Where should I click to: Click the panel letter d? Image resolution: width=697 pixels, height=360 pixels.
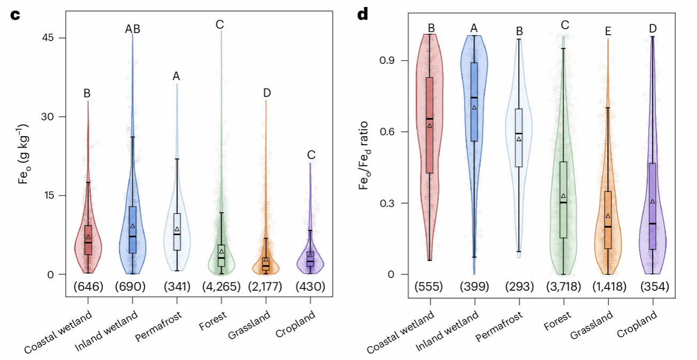coord(363,14)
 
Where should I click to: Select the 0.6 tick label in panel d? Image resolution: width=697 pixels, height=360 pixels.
coord(390,132)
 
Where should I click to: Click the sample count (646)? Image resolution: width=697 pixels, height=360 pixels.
coord(87,287)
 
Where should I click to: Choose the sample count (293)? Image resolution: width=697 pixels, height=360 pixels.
coord(519,287)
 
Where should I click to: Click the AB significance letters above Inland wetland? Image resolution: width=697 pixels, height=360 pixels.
coord(132,29)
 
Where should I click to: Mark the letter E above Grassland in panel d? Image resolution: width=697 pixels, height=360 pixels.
coord(607,31)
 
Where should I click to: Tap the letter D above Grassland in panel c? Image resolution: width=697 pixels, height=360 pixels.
coord(267,93)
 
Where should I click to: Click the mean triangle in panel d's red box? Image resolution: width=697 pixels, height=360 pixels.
coord(430,125)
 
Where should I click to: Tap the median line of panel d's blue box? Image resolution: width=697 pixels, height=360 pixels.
coord(474,98)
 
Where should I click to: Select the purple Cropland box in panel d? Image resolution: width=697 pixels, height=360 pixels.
coord(652,206)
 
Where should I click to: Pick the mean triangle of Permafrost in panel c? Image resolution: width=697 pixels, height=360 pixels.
coord(177,229)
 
